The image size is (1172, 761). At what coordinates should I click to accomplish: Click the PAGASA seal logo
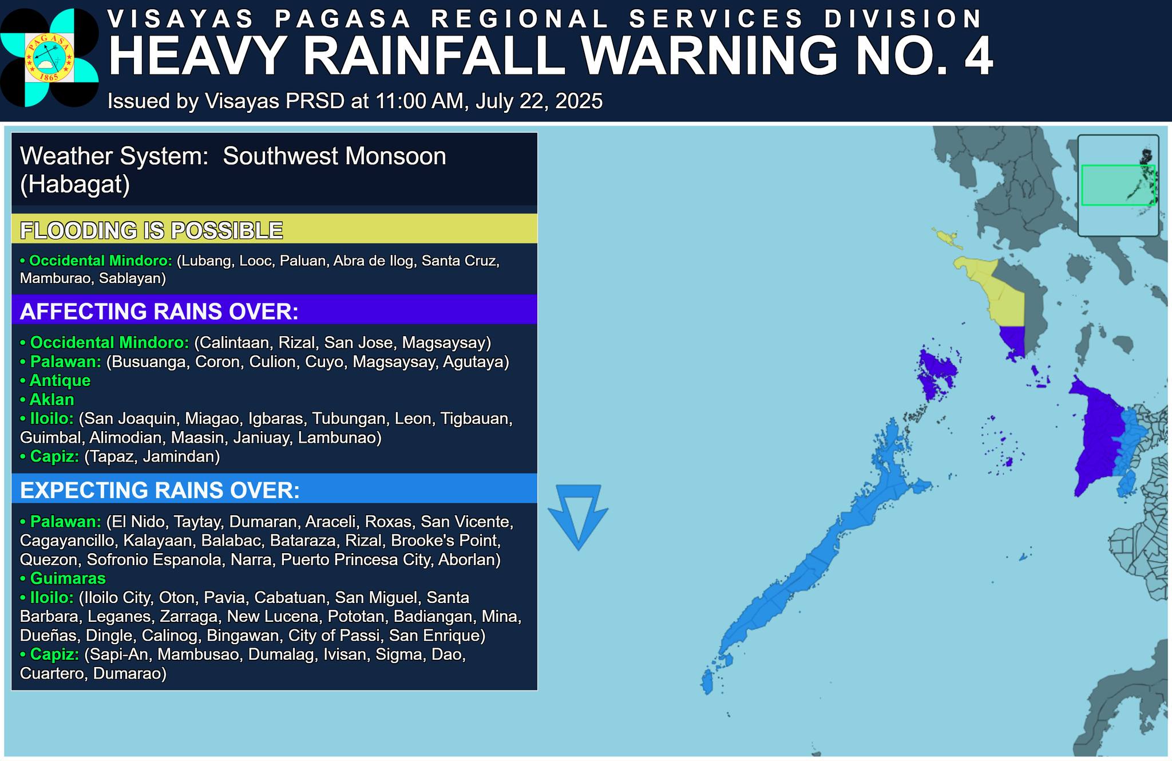49,57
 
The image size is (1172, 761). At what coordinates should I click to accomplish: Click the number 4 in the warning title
977,56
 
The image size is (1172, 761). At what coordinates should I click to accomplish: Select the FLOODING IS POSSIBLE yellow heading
152,230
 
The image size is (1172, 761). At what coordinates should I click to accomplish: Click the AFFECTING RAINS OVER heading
159,311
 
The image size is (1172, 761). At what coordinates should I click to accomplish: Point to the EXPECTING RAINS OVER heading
160,490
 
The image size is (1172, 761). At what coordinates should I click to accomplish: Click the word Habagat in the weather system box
75,184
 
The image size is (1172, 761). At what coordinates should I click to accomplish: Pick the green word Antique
60,380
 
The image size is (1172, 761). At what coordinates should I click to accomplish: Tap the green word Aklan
52,399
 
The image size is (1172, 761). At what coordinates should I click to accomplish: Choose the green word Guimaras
68,578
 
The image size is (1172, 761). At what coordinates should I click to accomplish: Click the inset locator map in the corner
1118,185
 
